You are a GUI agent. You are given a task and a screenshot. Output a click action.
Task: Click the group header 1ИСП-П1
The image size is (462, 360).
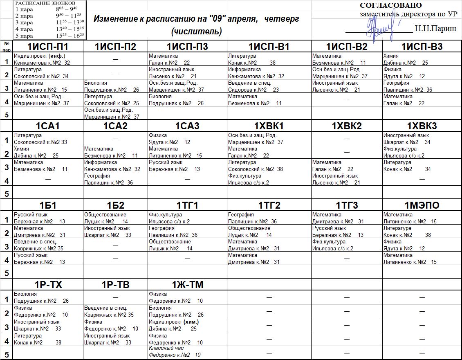coord(48,47)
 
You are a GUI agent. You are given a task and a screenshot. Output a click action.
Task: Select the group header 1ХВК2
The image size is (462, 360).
coord(347,126)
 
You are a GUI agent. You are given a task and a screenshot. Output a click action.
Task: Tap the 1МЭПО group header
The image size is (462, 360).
coord(422,205)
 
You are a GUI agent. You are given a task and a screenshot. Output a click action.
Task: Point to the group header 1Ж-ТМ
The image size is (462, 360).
coord(187,285)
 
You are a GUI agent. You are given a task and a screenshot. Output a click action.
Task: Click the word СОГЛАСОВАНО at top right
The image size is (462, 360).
coord(390,5)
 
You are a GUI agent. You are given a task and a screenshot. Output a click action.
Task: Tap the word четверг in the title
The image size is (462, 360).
coord(283,19)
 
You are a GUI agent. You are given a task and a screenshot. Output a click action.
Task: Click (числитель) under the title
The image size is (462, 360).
coord(197,31)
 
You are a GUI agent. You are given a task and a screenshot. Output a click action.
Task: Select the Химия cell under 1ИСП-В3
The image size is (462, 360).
coord(422,59)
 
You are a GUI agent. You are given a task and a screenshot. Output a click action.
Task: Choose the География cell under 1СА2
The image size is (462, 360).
coord(115,179)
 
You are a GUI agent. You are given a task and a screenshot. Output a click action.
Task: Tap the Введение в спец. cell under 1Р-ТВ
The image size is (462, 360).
coord(115,311)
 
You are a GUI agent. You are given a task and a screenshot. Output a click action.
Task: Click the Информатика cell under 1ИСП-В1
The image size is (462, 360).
coord(269,73)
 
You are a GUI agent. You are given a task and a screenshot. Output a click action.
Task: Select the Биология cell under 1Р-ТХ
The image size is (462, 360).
coord(48,297)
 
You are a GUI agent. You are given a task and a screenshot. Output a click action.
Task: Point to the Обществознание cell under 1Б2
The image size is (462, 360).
coord(115,218)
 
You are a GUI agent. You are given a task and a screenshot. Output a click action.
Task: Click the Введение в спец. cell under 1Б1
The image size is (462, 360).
coord(48,245)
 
